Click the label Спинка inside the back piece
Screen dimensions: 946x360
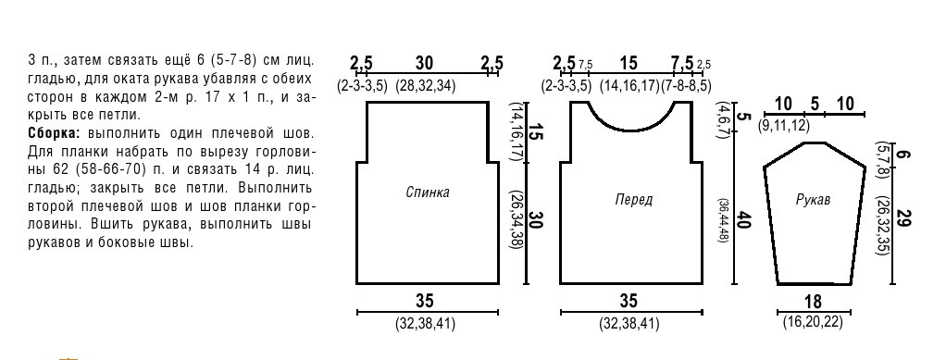(428, 193)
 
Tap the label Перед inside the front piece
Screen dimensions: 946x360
(633, 200)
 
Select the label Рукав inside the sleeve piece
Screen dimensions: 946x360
(813, 200)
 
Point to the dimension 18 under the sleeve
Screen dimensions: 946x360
(814, 302)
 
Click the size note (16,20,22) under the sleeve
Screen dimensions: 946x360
(813, 322)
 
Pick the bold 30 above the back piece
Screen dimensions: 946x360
(426, 63)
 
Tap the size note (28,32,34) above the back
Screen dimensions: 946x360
(426, 86)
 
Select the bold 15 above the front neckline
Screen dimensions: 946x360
(629, 63)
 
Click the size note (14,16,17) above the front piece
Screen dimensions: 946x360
(629, 86)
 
